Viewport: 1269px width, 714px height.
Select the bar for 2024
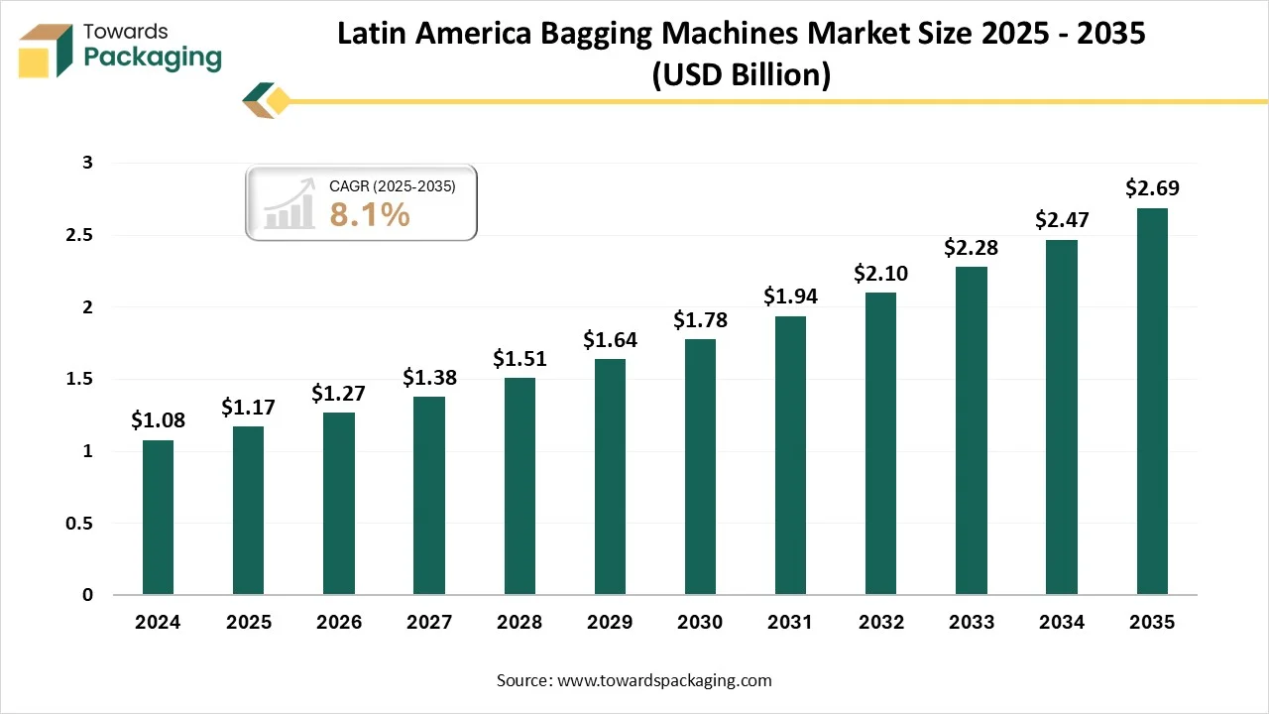point(158,517)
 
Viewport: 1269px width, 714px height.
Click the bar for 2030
point(700,466)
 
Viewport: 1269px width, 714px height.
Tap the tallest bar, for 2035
point(1152,401)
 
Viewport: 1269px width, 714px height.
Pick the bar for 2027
point(429,495)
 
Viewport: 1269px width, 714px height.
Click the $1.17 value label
point(248,407)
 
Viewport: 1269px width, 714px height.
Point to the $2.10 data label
point(881,273)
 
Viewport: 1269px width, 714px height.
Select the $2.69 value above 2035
point(1152,188)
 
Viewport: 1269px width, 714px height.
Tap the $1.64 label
point(610,339)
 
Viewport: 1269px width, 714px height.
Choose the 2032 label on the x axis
point(881,623)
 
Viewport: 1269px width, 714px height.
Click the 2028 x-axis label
point(519,623)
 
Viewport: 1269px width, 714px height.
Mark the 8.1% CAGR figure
point(370,213)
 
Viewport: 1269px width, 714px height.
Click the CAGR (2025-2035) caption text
point(392,185)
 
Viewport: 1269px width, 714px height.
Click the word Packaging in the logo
point(153,58)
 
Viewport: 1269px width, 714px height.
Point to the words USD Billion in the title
point(741,75)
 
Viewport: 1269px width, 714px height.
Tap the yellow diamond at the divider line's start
point(279,100)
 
